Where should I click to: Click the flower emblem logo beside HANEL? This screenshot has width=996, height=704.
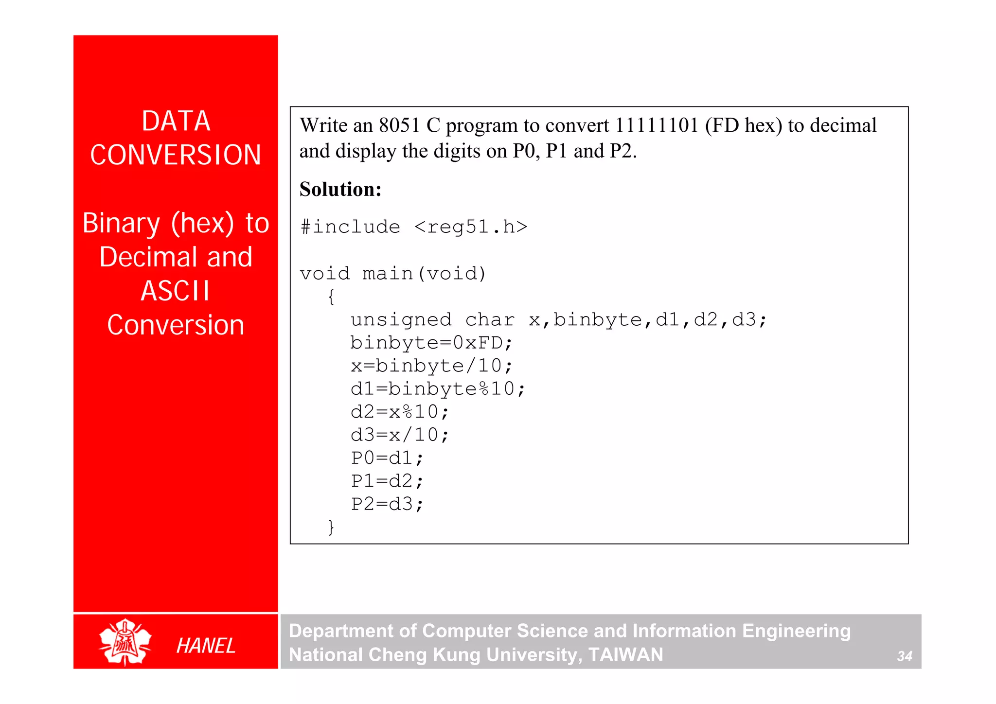pos(125,642)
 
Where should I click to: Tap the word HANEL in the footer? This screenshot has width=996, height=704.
pos(206,646)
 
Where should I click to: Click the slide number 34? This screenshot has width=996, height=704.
pos(904,656)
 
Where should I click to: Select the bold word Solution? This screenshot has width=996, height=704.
pos(340,189)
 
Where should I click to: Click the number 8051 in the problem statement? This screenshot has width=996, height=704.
pos(399,125)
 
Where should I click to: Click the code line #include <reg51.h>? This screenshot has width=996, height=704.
pos(414,227)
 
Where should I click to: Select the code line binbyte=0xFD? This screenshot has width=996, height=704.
pos(431,343)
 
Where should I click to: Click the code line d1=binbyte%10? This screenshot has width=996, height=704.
pos(438,389)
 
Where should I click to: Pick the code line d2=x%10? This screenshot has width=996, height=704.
pos(400,412)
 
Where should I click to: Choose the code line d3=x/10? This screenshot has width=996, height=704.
pos(400,435)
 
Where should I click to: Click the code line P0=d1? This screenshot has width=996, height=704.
pos(387,458)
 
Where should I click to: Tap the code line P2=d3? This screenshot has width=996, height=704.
pos(387,504)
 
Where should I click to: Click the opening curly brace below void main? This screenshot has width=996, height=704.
pos(331,297)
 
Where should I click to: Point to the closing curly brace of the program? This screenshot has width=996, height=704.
pos(331,527)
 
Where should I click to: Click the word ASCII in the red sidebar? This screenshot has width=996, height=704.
pos(175,291)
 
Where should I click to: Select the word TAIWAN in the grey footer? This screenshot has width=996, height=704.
pos(625,655)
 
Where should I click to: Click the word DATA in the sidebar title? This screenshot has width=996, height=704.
pos(176,121)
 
